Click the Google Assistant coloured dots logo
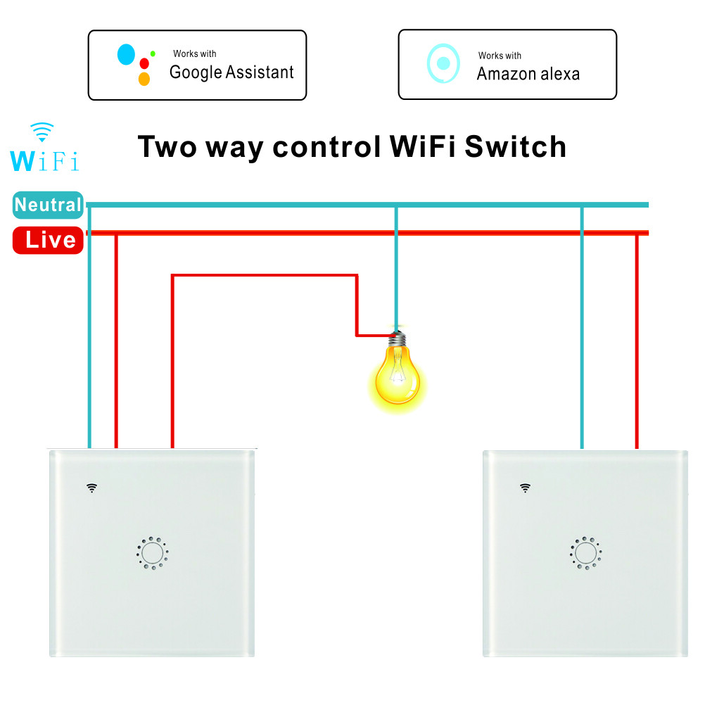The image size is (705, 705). (x=136, y=64)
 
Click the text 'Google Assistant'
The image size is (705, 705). (x=231, y=72)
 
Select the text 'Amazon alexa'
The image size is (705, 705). (x=528, y=74)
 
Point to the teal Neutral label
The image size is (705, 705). (x=48, y=205)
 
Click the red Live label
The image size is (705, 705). (x=49, y=241)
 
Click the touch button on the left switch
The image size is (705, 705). (x=152, y=553)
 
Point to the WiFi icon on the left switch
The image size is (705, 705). (x=91, y=487)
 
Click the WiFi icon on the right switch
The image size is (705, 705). (x=525, y=487)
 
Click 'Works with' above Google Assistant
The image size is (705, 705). (x=195, y=54)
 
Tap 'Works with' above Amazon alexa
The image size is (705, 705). (x=500, y=56)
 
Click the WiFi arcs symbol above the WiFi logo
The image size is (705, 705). (x=42, y=132)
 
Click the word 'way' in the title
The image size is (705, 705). (x=235, y=148)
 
